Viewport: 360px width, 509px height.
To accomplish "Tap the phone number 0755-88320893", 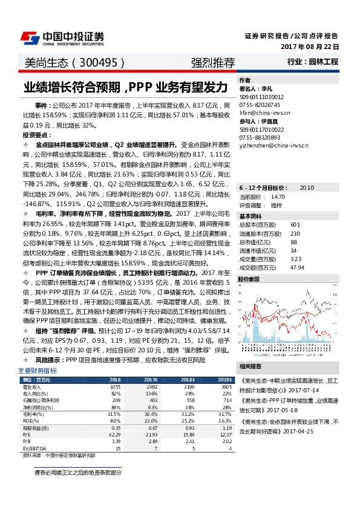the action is (x=260, y=137).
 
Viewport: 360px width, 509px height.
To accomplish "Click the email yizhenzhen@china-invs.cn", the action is (x=273, y=146).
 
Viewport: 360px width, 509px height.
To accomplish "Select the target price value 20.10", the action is (x=307, y=188).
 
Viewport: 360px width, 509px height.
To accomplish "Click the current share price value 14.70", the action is (x=278, y=197).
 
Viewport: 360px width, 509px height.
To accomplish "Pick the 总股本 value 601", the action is (x=295, y=225).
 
